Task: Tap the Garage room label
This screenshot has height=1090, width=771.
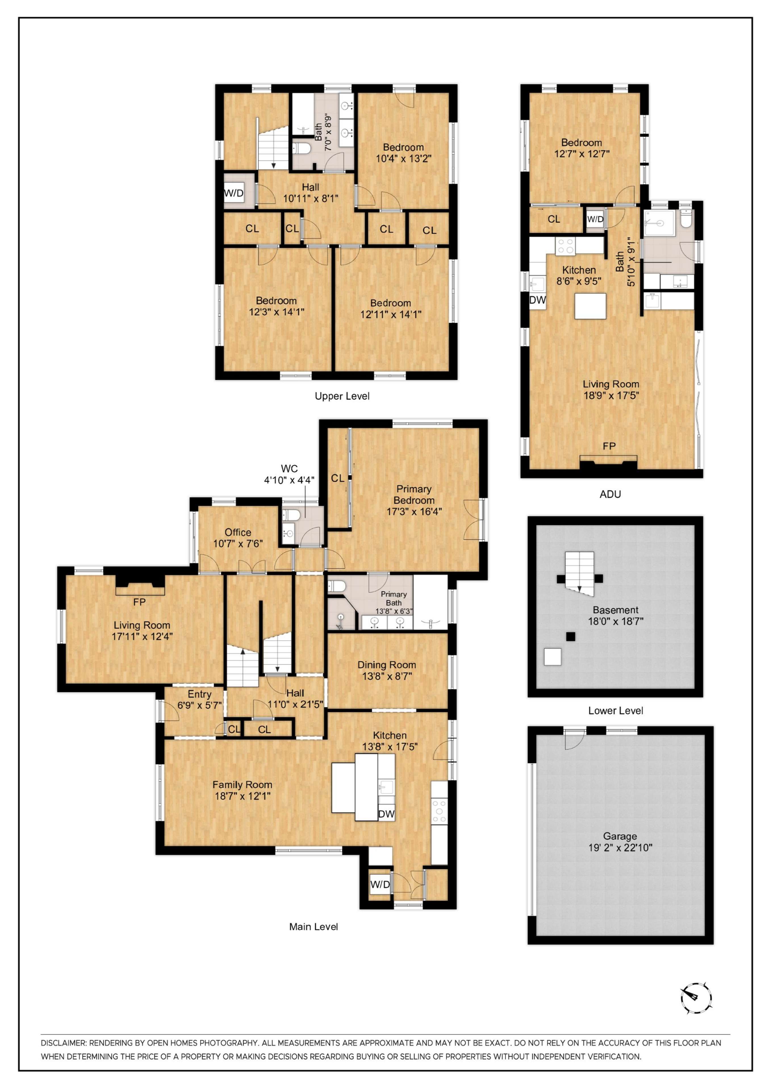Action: click(x=620, y=836)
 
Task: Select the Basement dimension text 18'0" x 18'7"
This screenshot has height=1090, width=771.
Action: click(x=616, y=621)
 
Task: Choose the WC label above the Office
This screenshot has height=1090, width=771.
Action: click(x=289, y=469)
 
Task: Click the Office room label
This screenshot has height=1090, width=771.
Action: click(x=238, y=532)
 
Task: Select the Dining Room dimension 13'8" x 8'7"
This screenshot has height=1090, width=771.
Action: click(x=387, y=676)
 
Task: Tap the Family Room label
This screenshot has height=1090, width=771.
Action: click(x=242, y=785)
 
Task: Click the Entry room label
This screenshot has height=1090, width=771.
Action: click(x=200, y=694)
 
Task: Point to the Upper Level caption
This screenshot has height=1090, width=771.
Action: click(x=342, y=396)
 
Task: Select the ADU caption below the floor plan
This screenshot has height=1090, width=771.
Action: click(x=611, y=494)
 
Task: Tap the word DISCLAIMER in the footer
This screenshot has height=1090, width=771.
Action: click(x=63, y=1043)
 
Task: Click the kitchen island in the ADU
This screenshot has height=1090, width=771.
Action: click(x=590, y=306)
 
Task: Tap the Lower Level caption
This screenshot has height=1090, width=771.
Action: click(x=616, y=711)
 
